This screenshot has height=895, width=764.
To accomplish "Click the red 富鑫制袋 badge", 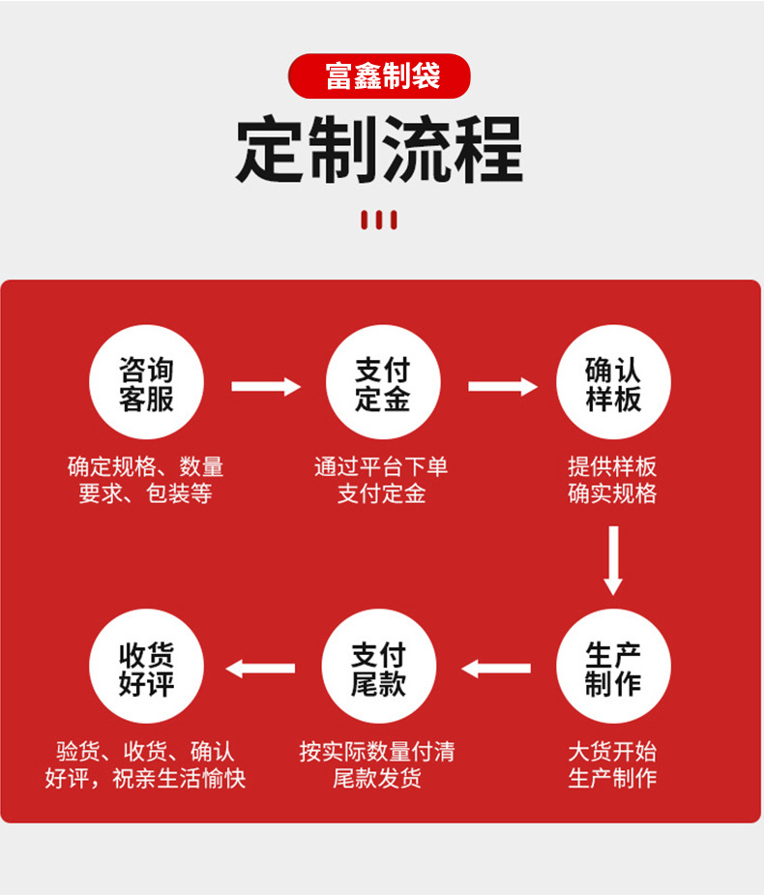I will [380, 75].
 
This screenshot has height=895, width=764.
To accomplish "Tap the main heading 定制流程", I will [380, 150].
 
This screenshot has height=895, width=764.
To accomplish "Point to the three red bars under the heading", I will [379, 220].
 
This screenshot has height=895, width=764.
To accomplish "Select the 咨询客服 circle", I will [146, 383].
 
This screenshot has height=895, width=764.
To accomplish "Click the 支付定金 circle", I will [382, 383].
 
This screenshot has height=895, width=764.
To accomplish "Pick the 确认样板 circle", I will [613, 383].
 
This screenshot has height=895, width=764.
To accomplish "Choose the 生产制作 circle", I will [613, 669].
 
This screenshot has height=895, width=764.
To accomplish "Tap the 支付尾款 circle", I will [378, 669].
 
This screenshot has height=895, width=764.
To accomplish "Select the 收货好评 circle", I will [146, 669].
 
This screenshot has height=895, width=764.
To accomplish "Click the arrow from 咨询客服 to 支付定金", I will [266, 387].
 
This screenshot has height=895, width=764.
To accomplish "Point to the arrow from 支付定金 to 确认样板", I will [502, 387].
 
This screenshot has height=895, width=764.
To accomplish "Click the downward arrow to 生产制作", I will [613, 560].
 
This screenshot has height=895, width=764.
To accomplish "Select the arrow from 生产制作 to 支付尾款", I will [496, 668].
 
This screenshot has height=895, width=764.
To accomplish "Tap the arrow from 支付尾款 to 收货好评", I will [261, 668].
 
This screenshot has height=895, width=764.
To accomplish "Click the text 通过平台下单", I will [381, 466].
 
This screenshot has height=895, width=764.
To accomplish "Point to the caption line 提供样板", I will [612, 466].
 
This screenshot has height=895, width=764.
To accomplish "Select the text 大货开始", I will [612, 751].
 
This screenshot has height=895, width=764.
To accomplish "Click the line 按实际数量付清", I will [377, 751].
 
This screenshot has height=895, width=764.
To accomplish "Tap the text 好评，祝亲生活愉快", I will [145, 778].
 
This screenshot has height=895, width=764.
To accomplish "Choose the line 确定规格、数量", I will [145, 466].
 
